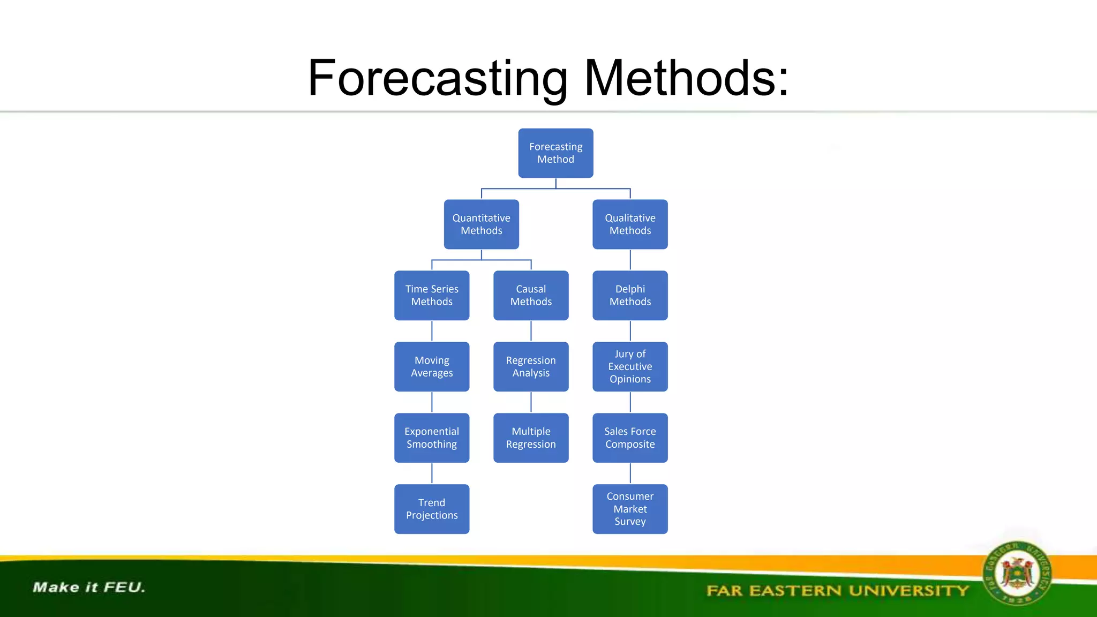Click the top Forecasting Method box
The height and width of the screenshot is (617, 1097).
[x=555, y=153]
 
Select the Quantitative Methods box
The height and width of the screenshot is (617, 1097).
[x=481, y=224]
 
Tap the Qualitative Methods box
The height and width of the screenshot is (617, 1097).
[x=630, y=224]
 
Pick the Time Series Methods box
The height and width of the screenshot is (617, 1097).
[x=432, y=296]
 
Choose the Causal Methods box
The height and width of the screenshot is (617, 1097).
[x=531, y=296]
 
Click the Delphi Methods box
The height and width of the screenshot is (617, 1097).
[x=630, y=296]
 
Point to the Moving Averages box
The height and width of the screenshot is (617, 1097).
[x=432, y=367]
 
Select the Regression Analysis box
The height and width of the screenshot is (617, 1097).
[x=531, y=367]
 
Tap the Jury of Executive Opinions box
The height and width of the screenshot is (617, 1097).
[x=630, y=367]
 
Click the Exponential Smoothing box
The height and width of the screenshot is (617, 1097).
[x=432, y=438]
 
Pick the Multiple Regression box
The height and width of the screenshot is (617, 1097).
[x=531, y=438]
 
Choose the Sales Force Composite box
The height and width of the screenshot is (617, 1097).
[x=630, y=438]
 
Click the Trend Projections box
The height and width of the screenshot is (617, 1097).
[x=432, y=509]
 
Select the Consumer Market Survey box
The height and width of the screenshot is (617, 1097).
[x=630, y=509]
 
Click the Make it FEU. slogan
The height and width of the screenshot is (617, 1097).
[x=89, y=588]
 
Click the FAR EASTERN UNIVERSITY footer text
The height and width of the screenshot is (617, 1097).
[x=837, y=591]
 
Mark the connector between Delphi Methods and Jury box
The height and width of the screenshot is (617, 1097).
[x=630, y=331]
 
